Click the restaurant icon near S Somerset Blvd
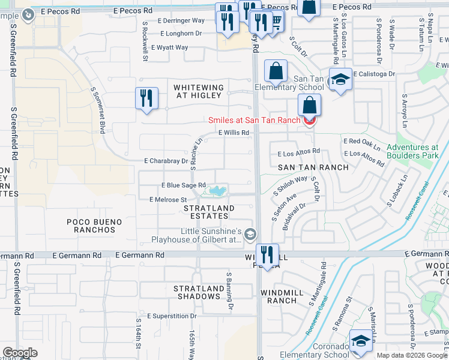146,98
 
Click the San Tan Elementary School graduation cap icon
340,80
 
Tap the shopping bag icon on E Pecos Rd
309,8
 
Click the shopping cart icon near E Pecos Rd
276,22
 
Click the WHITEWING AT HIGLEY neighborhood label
199,92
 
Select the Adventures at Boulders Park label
412,152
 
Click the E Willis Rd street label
234,133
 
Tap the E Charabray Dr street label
166,161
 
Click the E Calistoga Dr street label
375,74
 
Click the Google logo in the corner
20,352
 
